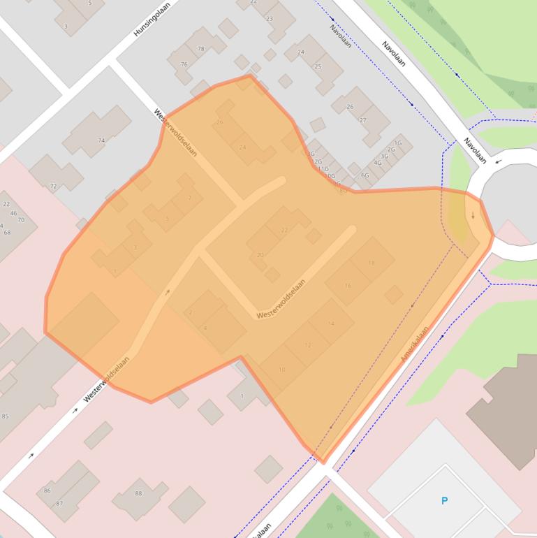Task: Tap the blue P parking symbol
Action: coord(444,500)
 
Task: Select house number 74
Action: coord(101,140)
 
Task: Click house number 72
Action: coord(53,187)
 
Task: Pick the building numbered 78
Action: coord(201,49)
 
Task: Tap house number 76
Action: coord(184,64)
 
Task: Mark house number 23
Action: coord(270,19)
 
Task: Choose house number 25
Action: coord(318,66)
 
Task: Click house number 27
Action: coord(362,120)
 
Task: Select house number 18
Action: coord(371,263)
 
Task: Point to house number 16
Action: coord(348,286)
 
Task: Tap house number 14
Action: coord(331,323)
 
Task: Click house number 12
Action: coord(308,345)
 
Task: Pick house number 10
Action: coord(282,369)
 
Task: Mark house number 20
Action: coord(260,255)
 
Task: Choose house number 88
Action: coord(138,494)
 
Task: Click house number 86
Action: coord(47,490)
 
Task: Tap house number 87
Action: coord(59,503)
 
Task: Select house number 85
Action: coord(6,417)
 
